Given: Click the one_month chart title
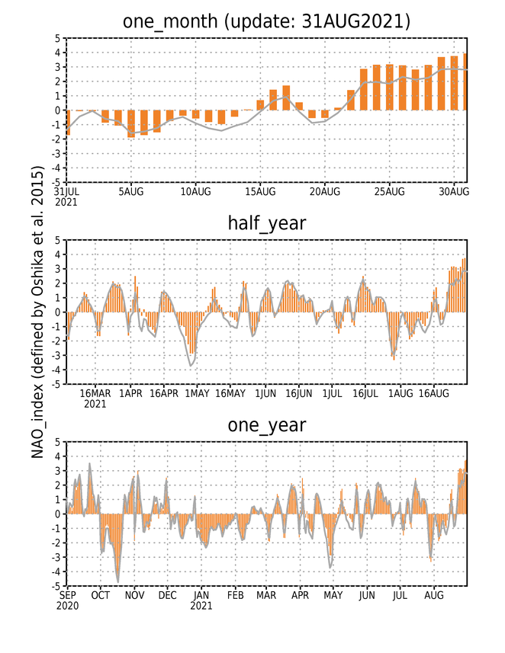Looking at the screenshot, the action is click(x=266, y=21).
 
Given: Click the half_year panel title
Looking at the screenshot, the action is click(x=267, y=222).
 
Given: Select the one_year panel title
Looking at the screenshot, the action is click(x=267, y=425).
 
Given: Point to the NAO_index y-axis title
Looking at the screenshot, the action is click(x=37, y=312).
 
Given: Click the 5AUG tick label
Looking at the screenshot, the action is click(x=131, y=191).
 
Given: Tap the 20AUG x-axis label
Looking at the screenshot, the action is click(x=325, y=191).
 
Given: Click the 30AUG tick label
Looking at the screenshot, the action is click(x=454, y=191).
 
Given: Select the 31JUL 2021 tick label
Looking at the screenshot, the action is click(x=67, y=197).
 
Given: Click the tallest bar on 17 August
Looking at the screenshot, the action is click(x=286, y=98).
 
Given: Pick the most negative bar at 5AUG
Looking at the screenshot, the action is click(x=131, y=123).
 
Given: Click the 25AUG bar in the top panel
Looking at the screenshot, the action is click(x=390, y=88).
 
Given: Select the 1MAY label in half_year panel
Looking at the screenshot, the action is click(x=198, y=393).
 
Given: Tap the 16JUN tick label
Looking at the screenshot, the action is click(x=298, y=393).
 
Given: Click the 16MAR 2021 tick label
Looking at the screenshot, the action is click(x=95, y=399).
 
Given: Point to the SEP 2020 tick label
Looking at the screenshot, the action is click(x=68, y=600).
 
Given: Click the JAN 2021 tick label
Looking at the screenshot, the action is click(x=201, y=600).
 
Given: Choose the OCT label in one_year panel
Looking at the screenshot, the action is click(x=101, y=596).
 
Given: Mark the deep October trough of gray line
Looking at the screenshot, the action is click(x=118, y=582).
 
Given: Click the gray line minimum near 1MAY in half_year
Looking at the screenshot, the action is click(x=191, y=366).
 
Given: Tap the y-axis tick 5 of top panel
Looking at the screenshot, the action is click(x=57, y=39).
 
